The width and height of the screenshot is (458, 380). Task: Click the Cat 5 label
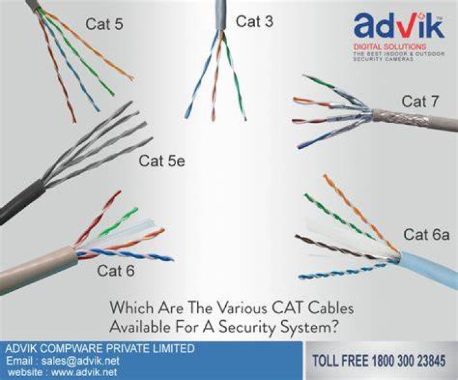[104, 24]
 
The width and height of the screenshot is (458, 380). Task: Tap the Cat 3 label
[254, 22]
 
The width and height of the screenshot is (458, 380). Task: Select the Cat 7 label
[420, 101]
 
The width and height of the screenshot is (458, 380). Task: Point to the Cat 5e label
[162, 161]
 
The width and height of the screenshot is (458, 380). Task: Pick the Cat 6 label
[116, 271]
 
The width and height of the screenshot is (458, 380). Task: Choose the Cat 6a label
[426, 234]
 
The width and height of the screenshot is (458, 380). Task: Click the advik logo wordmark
[399, 27]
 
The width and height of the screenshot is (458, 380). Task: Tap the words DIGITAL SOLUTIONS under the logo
[390, 46]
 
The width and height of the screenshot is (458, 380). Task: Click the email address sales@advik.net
[80, 361]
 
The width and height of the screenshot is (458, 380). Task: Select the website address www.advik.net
[84, 372]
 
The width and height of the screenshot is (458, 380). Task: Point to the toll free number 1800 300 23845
[409, 360]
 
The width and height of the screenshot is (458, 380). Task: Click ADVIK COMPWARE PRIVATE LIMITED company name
[100, 348]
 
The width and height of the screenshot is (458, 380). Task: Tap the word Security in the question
[247, 327]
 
